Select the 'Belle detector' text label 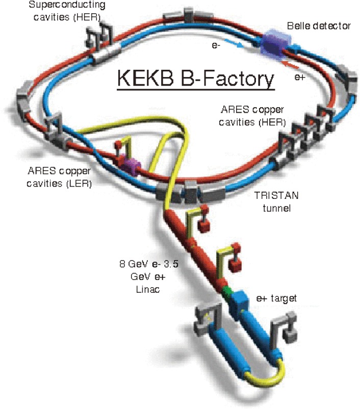click(x=318, y=25)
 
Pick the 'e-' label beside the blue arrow click(x=217, y=45)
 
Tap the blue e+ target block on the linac click(x=237, y=304)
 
